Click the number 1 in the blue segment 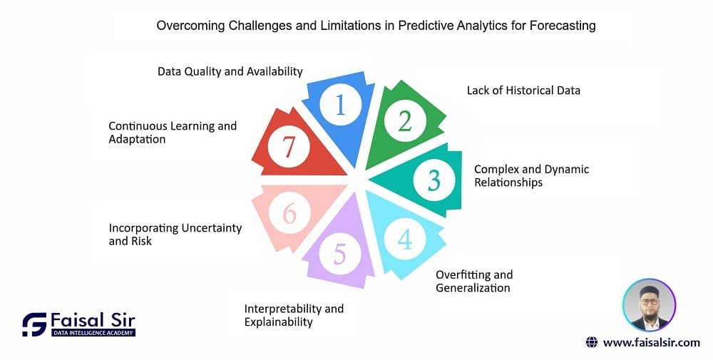pos(341,105)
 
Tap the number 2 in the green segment pos(405,121)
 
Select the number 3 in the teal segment pos(434,180)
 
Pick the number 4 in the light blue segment pos(405,239)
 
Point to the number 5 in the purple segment pos(340,254)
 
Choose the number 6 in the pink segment pos(289,212)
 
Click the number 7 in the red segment pos(289,146)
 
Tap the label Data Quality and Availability pos(230,71)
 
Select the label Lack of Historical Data pos(523,91)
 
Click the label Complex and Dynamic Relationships pos(532,176)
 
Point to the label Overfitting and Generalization pos(474,282)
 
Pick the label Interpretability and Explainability pos(294,316)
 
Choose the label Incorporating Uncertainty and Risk pos(175,234)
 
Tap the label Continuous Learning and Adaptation pos(173,133)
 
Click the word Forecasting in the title pos(563,26)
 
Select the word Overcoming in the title pos(190,26)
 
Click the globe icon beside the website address pos(592,342)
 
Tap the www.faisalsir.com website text pos(651,343)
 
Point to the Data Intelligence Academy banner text pos(93,333)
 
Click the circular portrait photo pos(649,305)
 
